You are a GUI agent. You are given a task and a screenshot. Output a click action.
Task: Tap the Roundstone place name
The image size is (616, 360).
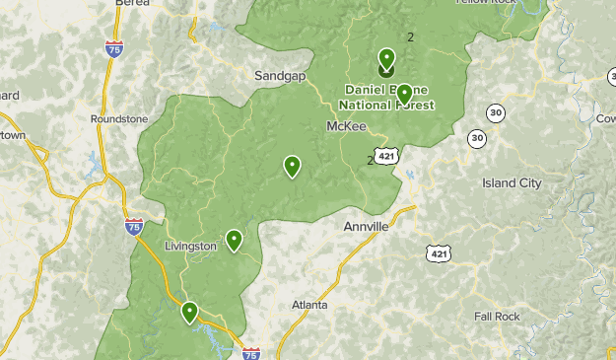(x=118, y=118)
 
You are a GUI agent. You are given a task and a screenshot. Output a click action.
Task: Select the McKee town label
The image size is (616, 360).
(x=346, y=126)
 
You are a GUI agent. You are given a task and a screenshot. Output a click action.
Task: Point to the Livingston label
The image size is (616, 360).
(x=190, y=246)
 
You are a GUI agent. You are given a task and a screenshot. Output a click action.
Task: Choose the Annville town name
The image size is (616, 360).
(x=366, y=226)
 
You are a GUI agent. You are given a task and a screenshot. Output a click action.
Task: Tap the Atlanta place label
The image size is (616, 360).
(x=309, y=305)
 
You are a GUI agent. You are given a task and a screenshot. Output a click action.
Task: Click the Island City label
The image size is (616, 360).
(x=512, y=183)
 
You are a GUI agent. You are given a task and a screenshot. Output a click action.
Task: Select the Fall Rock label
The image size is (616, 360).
(x=496, y=316)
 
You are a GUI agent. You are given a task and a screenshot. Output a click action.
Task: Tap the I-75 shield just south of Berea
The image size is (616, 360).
(x=115, y=45)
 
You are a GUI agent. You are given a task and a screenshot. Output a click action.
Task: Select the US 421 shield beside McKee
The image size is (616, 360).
(x=387, y=156)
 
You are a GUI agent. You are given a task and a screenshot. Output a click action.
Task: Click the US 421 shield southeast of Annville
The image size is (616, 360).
(x=436, y=253)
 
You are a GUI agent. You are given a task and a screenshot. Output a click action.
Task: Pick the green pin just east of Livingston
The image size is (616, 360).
(x=235, y=240)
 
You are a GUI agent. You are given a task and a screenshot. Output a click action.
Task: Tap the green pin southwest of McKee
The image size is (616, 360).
(x=292, y=166)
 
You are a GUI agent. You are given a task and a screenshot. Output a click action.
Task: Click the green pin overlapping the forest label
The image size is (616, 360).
(x=403, y=94)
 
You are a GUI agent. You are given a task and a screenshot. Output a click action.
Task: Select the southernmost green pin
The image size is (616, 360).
(x=189, y=312)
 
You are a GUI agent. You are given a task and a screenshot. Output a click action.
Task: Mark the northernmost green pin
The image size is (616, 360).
(x=386, y=58)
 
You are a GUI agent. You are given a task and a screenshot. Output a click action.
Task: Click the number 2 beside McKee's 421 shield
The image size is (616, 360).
(x=371, y=160)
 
